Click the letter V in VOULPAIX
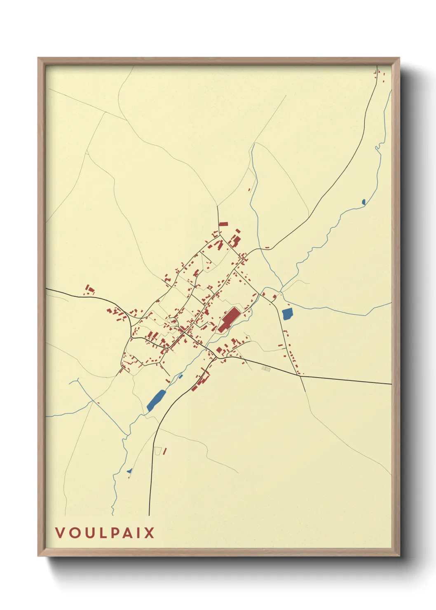coord(60,533)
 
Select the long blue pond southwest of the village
coord(156,399)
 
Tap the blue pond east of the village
coord(287,314)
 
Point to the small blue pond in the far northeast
coord(363,202)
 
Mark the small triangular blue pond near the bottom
coord(129,471)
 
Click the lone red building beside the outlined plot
coord(164,451)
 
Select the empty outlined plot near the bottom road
coord(157,451)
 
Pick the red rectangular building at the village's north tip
coord(223,224)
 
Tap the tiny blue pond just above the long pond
coord(180,376)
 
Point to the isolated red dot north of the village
coord(249,190)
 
